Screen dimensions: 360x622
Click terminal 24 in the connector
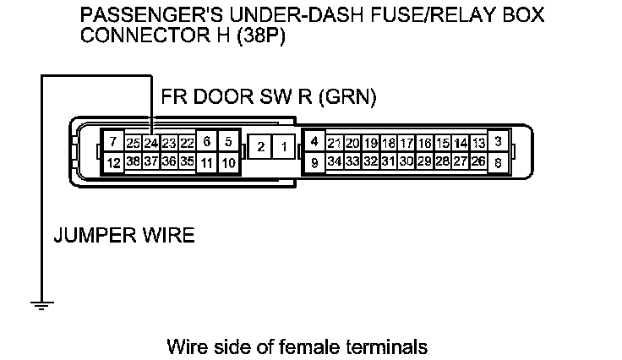(150, 143)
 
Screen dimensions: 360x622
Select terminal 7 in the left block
(112, 141)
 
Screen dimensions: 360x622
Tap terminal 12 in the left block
(112, 161)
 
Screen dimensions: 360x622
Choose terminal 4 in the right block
(314, 141)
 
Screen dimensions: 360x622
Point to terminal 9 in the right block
(314, 161)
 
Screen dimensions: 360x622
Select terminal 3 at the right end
(499, 141)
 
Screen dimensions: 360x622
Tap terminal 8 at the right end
(499, 161)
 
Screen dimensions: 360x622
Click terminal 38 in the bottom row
(133, 161)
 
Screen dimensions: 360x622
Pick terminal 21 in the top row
(335, 143)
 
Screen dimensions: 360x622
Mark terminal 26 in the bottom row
(478, 161)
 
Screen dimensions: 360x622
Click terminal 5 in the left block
(228, 141)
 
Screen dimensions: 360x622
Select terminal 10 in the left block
(228, 161)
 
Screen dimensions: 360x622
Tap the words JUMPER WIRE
(124, 235)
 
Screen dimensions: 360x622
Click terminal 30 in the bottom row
(406, 161)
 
